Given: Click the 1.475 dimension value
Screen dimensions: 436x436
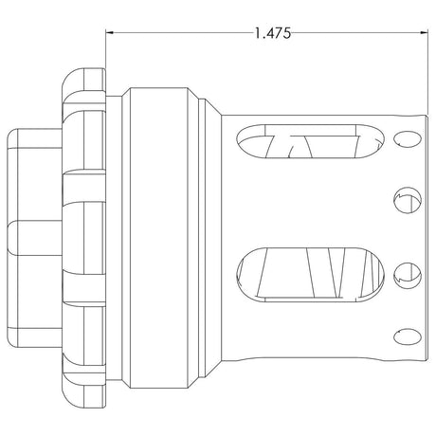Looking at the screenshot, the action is [x=273, y=33].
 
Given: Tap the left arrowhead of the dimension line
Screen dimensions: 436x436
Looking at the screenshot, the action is [x=109, y=32].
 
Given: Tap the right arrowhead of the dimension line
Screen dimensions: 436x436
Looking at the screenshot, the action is [x=425, y=32].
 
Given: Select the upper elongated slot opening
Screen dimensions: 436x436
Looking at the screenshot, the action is [x=310, y=141].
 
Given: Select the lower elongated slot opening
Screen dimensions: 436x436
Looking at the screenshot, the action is [x=310, y=275].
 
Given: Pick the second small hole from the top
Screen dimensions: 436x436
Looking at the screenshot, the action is [x=408, y=200].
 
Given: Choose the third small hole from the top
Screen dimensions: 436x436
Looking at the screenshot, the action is [x=408, y=276].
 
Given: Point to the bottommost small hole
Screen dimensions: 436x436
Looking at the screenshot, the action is [x=408, y=336].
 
